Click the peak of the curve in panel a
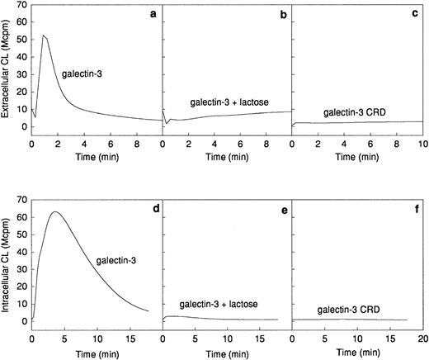(43, 36)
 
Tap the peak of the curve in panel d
(54, 211)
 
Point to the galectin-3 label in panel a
(80, 73)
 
